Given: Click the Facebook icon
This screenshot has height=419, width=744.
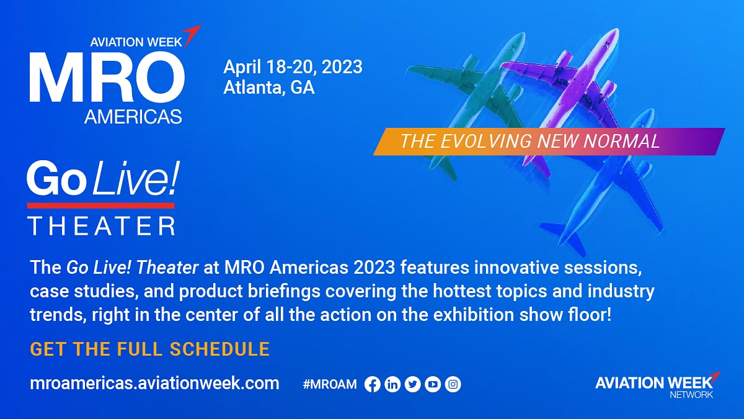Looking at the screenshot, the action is [373, 384].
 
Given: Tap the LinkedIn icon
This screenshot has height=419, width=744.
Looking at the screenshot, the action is [392, 384].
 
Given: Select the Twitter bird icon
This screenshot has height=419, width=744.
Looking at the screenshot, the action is [413, 384].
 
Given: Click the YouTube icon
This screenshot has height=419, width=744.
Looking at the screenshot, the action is [433, 384].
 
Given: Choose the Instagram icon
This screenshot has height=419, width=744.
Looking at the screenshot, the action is [453, 384].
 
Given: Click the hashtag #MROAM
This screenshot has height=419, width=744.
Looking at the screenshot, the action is [330, 384].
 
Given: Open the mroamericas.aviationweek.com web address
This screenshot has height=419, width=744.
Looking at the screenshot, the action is [155, 384].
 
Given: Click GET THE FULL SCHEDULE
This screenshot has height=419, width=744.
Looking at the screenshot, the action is [150, 349].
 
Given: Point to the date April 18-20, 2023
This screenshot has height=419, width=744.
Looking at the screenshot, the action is [293, 67].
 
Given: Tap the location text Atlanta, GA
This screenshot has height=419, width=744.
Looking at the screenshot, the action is [269, 88].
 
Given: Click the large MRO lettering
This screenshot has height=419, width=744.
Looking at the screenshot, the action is [107, 77].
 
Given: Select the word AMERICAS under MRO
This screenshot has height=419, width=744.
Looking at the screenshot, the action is [133, 117].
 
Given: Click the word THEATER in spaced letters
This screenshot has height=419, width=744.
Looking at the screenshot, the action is [101, 226].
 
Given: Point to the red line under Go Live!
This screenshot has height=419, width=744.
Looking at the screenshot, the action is [101, 205].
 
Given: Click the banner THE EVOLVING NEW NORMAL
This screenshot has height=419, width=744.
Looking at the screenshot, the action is [549, 142].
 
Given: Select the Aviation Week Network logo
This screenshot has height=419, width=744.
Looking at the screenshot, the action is [658, 385].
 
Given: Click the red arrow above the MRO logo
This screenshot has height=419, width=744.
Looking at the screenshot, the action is [193, 34].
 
